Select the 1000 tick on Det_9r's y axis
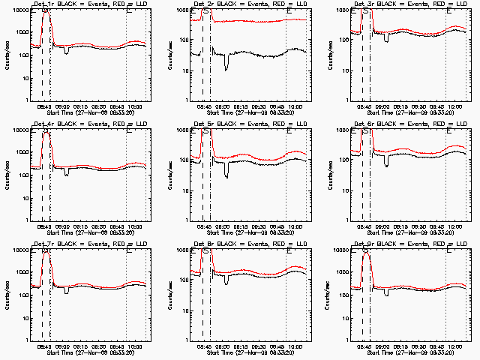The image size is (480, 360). (342, 273)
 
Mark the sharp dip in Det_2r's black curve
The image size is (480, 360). (226, 68)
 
